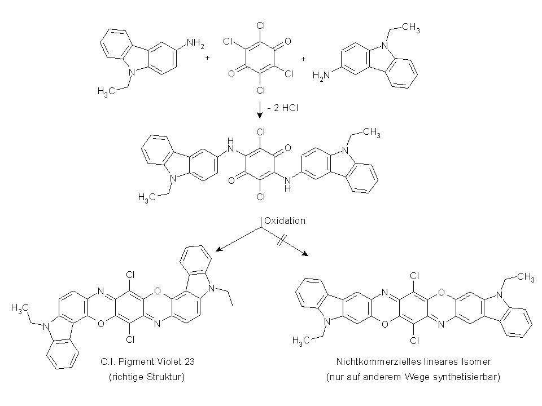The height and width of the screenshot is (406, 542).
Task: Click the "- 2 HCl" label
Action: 283,108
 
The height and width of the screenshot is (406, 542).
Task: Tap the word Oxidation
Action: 285,221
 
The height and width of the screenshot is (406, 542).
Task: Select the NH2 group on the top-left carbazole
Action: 195,44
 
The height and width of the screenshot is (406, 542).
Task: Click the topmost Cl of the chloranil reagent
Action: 261,25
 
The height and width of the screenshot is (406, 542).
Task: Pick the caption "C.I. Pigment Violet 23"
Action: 147,362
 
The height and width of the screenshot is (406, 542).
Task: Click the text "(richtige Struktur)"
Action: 147,377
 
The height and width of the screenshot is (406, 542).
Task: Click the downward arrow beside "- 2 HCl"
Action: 260,110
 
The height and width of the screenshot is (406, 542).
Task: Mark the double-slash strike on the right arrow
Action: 281,240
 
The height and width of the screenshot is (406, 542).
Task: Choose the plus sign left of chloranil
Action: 207,58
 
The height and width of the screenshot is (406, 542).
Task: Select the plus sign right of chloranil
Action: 304,59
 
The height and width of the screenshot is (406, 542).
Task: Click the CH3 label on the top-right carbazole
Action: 412,28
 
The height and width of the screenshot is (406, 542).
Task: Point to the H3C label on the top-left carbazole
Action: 106,91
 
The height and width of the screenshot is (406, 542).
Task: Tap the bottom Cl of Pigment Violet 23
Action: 130,339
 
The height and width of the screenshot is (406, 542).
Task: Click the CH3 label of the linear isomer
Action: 526,277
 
